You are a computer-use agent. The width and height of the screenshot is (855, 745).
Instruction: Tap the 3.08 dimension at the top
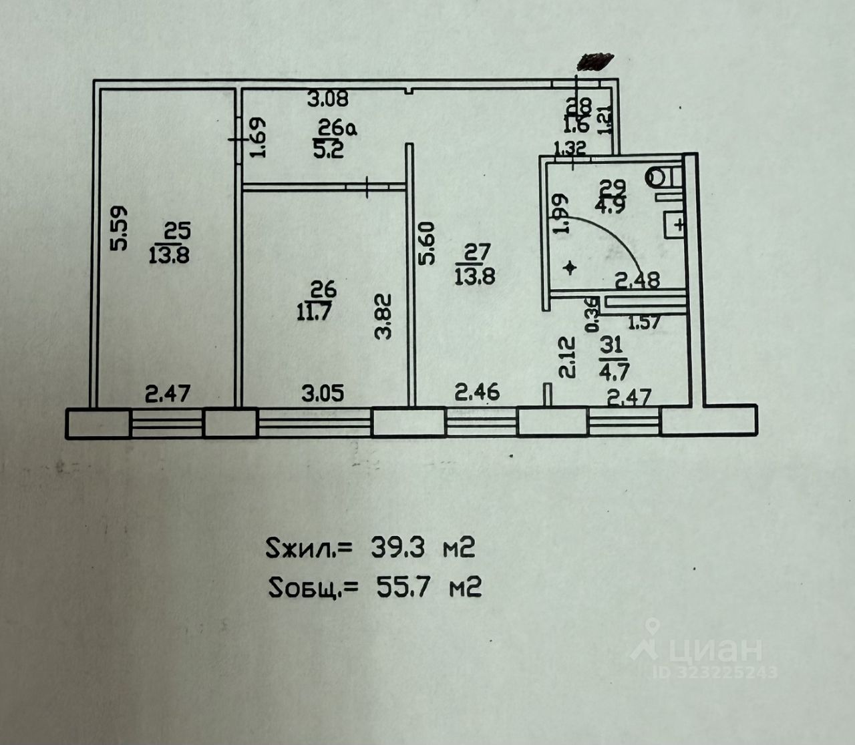(x=327, y=100)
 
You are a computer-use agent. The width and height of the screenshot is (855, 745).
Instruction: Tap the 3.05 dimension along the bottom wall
(x=323, y=393)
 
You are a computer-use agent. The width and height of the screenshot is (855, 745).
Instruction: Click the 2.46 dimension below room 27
(x=477, y=392)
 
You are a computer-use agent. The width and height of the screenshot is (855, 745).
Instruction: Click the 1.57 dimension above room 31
(x=645, y=323)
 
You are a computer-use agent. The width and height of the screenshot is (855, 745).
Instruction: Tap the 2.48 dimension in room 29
(x=637, y=279)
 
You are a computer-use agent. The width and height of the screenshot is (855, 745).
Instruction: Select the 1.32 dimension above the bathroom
(x=570, y=148)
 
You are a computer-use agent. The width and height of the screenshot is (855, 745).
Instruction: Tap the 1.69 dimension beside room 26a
(x=258, y=138)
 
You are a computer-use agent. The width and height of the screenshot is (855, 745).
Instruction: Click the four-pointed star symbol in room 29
(x=570, y=268)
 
